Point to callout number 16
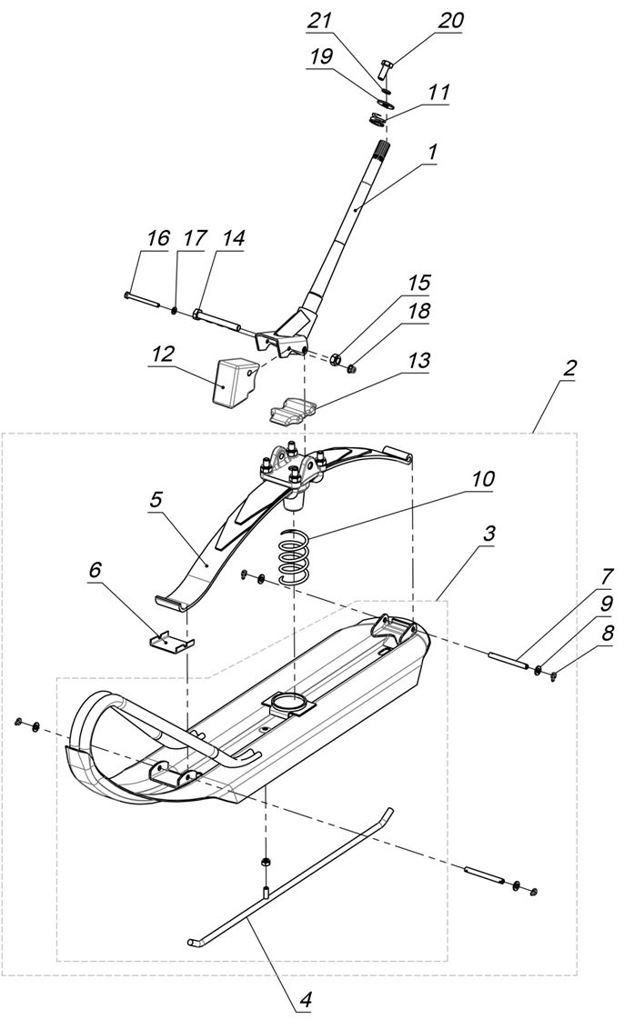156,239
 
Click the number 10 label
483,478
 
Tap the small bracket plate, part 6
171,642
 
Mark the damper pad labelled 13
293,410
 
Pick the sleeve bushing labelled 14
216,319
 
